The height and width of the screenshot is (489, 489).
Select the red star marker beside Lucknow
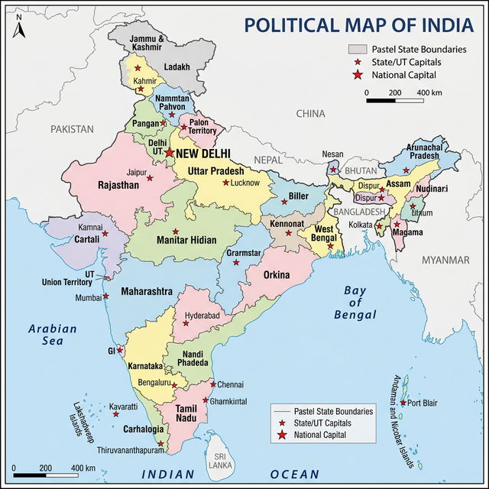pos(225,182)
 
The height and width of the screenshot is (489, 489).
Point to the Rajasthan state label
pos(118,185)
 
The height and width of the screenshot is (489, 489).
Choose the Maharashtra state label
pos(146,290)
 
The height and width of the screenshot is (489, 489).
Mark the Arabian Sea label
pos(53,335)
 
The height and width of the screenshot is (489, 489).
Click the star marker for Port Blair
pos(403,403)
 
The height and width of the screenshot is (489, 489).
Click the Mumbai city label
pos(87,297)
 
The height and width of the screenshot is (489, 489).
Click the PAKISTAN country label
pos(72,129)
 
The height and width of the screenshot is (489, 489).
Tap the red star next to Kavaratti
pos(116,413)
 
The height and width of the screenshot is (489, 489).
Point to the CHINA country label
pos(311,113)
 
